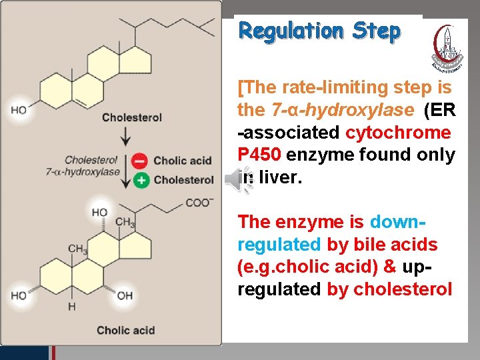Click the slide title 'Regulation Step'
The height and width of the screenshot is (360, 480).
coord(319,31)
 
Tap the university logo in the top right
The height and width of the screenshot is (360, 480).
coord(449,47)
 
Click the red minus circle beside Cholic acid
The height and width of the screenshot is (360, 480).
coord(140,161)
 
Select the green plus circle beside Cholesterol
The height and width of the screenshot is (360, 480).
coord(140,179)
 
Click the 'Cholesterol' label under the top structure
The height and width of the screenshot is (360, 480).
coord(132,118)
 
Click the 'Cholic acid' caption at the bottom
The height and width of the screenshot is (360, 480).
coord(126,330)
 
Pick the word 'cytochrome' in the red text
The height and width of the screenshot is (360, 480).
coord(398,132)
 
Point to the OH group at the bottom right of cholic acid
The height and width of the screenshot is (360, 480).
coord(124,295)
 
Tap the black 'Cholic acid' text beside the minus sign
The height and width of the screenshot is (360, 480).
coord(182,161)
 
